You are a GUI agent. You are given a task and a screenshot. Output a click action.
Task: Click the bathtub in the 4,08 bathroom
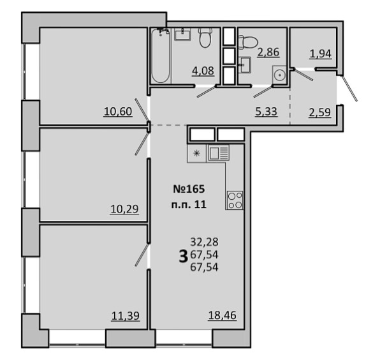(160, 56)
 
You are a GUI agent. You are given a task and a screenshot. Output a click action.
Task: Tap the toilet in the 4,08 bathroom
(205, 38)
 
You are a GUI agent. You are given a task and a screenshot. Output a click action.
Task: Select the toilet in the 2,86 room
(247, 41)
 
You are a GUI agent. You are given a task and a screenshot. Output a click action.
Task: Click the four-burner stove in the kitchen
(235, 200)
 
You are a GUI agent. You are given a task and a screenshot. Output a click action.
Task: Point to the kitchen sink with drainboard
(219, 153)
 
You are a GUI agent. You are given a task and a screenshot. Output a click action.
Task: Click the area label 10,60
(118, 112)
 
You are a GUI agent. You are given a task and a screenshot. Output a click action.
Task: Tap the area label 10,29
(124, 209)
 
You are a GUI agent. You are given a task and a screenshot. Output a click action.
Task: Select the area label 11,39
(126, 316)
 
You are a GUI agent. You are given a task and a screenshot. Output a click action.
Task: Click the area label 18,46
(222, 315)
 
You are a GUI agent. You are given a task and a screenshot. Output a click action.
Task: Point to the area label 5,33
(266, 112)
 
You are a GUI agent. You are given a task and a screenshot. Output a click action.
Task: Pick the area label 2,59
(320, 112)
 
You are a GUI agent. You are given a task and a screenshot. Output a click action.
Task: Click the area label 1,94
(321, 54)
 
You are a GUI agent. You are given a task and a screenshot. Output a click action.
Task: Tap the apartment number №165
(189, 189)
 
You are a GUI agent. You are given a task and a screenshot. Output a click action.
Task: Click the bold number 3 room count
(183, 256)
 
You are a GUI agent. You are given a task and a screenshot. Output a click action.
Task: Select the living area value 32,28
(204, 242)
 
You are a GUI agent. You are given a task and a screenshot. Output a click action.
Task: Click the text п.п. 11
(189, 205)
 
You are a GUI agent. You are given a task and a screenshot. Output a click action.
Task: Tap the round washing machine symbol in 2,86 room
(279, 75)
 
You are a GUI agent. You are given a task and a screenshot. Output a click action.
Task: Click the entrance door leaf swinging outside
(349, 88)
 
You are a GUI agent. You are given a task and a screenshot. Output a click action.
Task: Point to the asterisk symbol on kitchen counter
(197, 153)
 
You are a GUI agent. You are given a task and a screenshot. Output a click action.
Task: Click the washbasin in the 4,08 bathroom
(183, 34)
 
